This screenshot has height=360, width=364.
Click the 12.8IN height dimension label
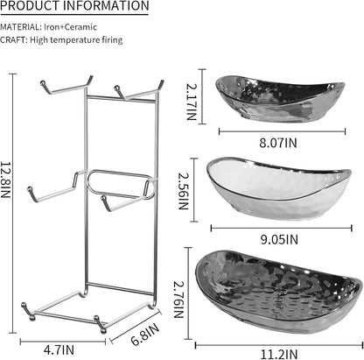pos(5,180)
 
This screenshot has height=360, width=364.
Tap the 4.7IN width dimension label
pos(59,349)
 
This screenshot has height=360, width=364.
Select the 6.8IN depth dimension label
pos(145,334)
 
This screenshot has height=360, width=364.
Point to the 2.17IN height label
pos(192,102)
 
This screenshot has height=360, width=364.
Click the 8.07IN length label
pos(278,143)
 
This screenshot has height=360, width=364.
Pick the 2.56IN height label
pos(184,192)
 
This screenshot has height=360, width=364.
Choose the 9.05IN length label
pos(279,240)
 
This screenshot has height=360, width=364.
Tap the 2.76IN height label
pos(178,300)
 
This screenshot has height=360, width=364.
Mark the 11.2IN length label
pos(279,355)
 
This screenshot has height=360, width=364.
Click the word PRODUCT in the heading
pos(30,5)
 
